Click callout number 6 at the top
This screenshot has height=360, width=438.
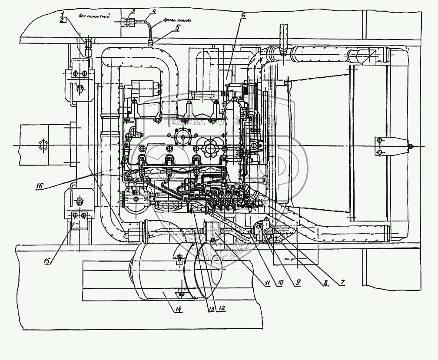(x=243, y=16)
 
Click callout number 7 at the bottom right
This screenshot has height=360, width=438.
(x=342, y=282)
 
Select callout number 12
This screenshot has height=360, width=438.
(x=222, y=308)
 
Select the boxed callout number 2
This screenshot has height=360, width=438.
(x=63, y=20)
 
